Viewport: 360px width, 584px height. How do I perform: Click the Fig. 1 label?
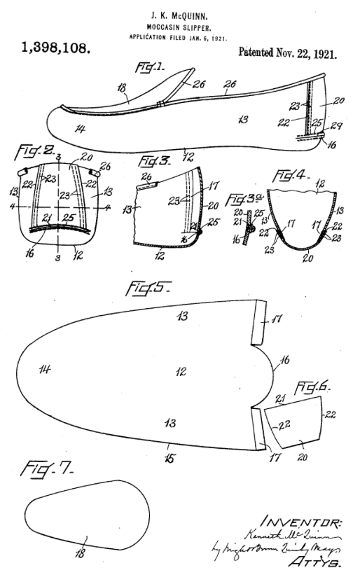click(x=149, y=67)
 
